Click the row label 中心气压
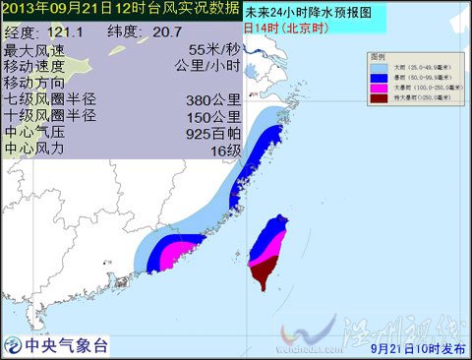tap(36, 133)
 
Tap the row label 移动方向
tap(36, 83)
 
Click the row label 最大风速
tap(36, 49)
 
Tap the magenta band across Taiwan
tap(266, 255)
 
